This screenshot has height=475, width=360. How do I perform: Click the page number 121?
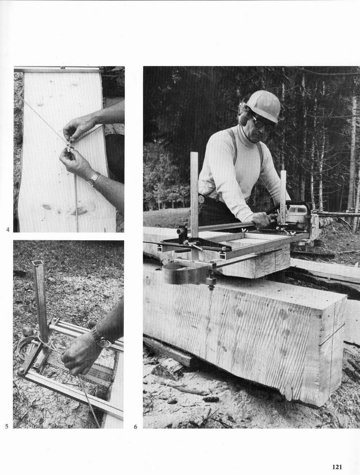click(337, 467)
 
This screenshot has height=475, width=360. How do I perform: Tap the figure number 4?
click(8, 230)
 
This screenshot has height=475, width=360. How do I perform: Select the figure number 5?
click(7, 426)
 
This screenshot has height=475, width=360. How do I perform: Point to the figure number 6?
click(135, 427)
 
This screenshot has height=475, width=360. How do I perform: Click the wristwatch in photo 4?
click(93, 179)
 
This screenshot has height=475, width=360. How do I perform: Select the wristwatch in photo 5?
click(101, 337)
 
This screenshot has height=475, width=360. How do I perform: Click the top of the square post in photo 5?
click(38, 262)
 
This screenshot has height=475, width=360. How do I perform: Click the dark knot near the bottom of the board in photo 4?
click(47, 207)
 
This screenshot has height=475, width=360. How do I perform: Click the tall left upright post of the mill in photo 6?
click(194, 206)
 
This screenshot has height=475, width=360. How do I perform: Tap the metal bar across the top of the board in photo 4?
click(57, 70)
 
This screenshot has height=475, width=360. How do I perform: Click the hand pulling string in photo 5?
click(80, 354)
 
